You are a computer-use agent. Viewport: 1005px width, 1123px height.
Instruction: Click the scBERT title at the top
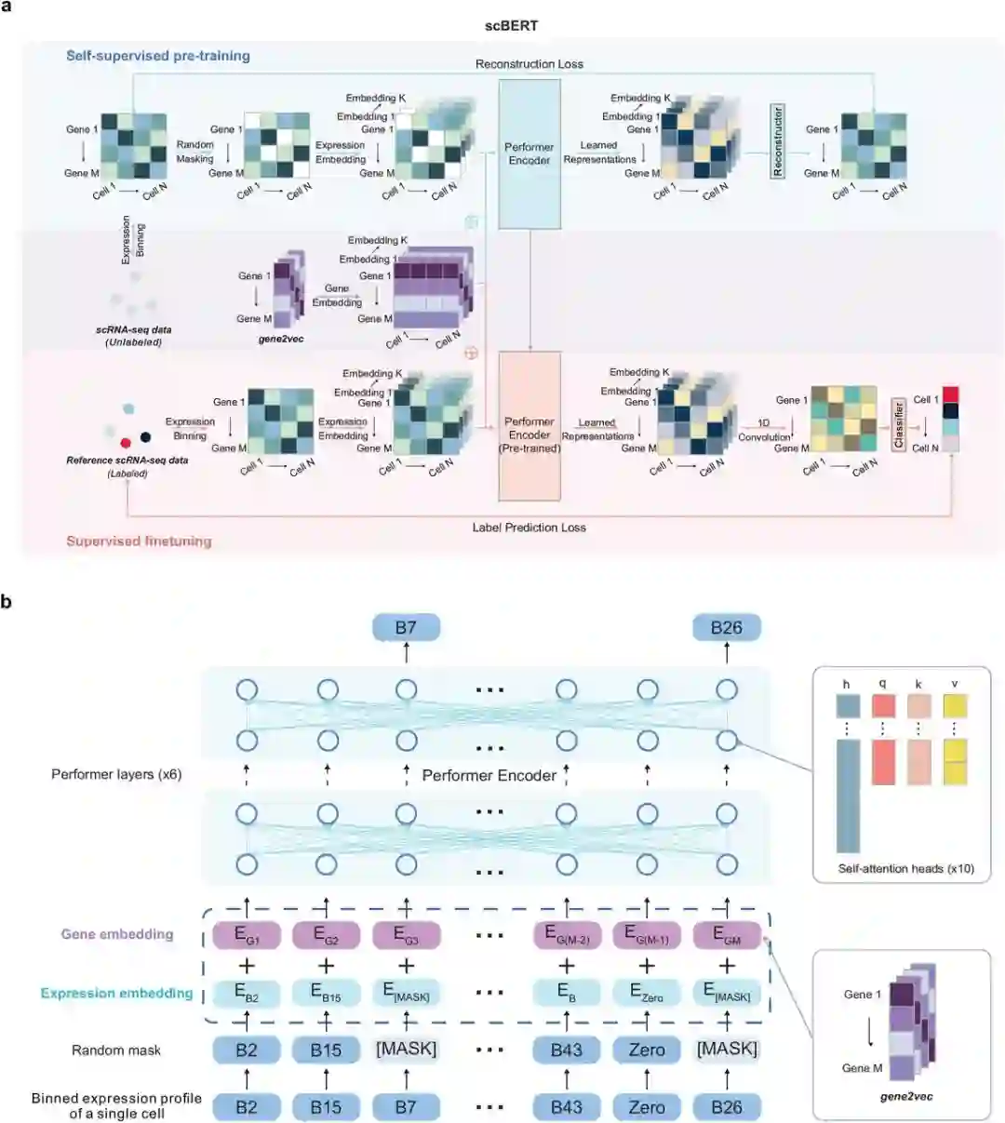tap(511, 25)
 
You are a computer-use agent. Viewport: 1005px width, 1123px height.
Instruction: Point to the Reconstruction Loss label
tap(529, 64)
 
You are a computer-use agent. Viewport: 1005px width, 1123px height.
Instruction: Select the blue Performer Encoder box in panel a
tap(529, 154)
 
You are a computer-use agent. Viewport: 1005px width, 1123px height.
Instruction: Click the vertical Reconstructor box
tap(778, 141)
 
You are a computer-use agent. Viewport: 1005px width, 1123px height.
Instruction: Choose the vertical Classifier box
tap(899, 424)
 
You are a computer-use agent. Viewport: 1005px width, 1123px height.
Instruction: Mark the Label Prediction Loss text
tap(529, 528)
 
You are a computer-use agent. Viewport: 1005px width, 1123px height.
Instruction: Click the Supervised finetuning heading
tap(139, 541)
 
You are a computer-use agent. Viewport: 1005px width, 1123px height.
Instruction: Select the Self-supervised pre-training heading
tap(158, 56)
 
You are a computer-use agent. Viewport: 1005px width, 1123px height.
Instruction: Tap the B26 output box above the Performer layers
tap(727, 627)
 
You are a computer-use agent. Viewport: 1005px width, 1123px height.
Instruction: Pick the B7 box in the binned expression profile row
tap(406, 1107)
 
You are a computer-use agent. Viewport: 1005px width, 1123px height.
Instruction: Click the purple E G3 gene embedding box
tap(406, 935)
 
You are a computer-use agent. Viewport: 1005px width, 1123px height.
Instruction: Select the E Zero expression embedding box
tap(647, 993)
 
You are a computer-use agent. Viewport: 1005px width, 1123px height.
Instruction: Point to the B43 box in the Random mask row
tap(566, 1050)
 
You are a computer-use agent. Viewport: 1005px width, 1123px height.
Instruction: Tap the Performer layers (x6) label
tap(116, 774)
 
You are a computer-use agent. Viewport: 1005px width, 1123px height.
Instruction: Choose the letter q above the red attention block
tap(882, 684)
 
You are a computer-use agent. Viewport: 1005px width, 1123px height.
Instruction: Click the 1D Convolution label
tap(764, 430)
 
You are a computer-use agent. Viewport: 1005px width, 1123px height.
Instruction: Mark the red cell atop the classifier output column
tap(950, 394)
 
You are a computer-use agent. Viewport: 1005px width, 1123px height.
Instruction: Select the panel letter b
tap(7, 601)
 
